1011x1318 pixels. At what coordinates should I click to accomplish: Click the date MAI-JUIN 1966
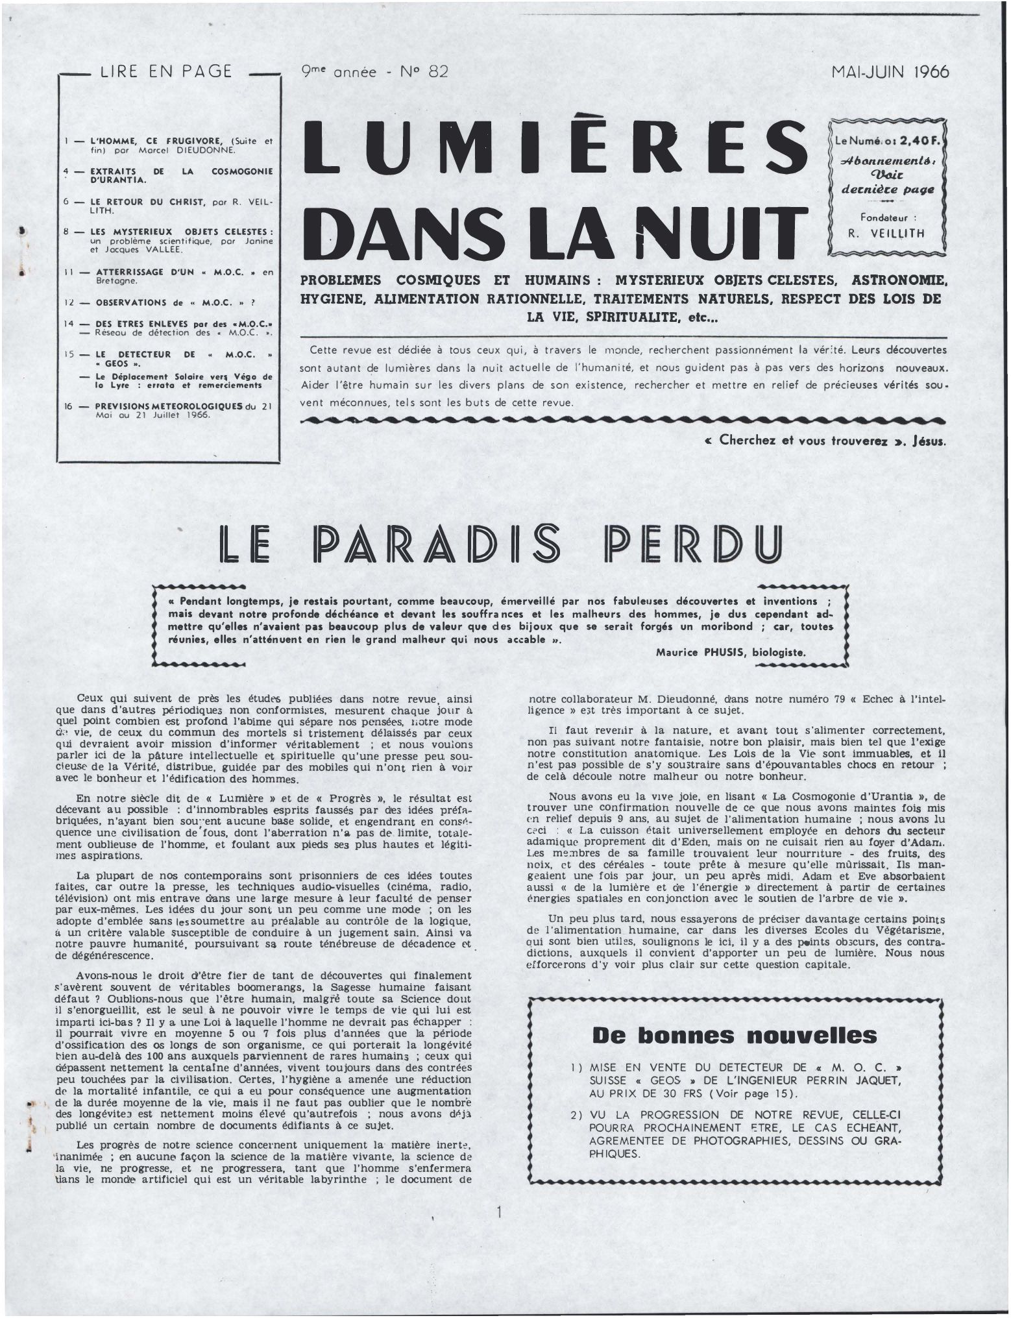pyautogui.click(x=890, y=71)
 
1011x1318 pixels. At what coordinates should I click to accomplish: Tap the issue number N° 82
pyautogui.click(x=424, y=71)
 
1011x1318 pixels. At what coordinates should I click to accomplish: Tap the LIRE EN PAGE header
pyautogui.click(x=166, y=71)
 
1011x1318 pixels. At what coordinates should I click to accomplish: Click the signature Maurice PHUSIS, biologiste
pyautogui.click(x=731, y=652)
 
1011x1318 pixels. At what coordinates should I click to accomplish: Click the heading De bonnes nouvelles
pyautogui.click(x=735, y=1034)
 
